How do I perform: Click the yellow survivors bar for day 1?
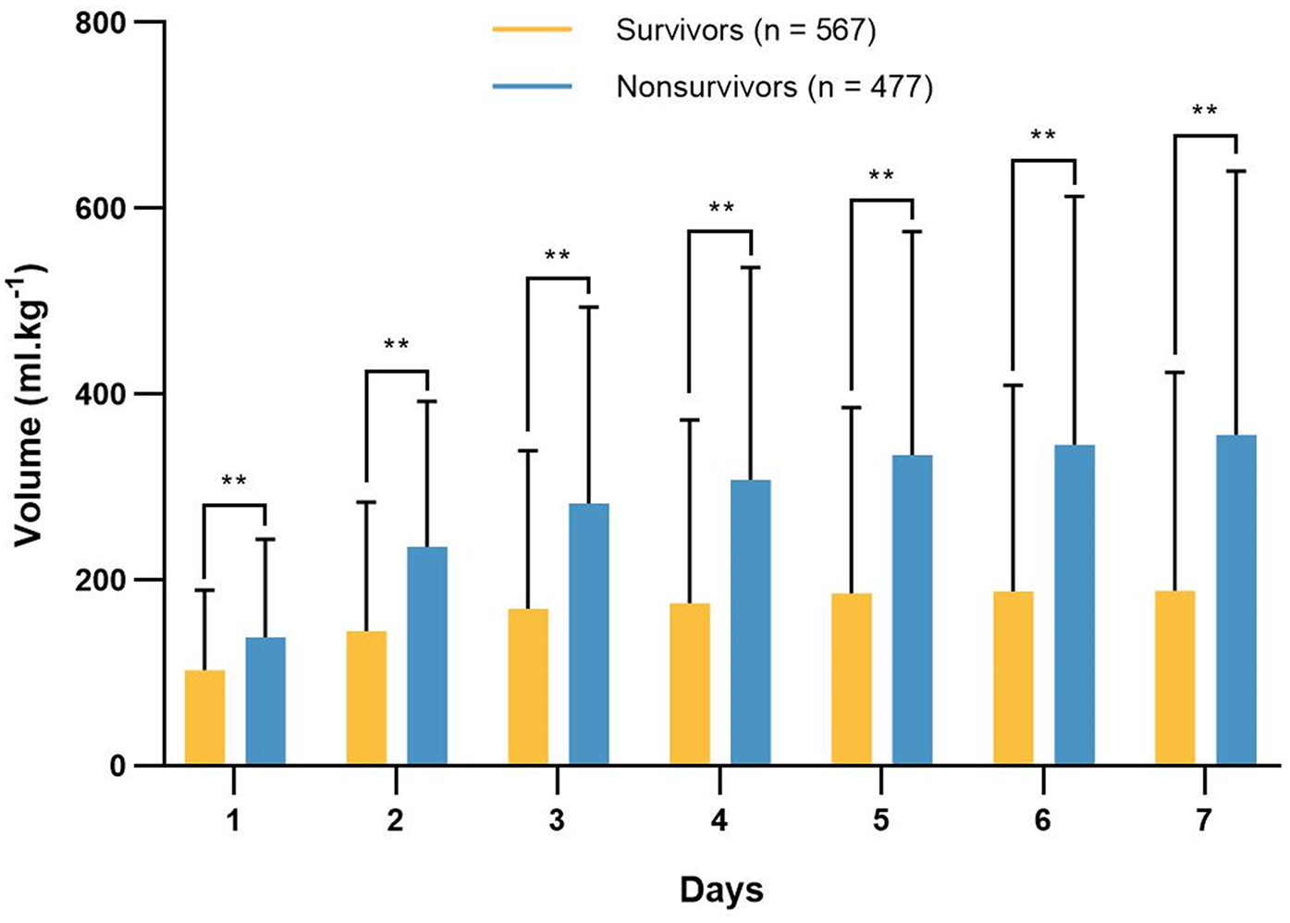[x=204, y=717]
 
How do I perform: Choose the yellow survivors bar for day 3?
[x=528, y=686]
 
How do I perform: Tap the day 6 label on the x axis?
[x=1042, y=820]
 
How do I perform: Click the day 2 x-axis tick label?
[x=395, y=820]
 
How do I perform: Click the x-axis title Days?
[x=721, y=890]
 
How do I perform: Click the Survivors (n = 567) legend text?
[x=745, y=31]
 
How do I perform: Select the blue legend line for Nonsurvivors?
[x=532, y=87]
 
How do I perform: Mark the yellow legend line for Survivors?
[x=532, y=31]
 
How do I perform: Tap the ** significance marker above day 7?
[x=1204, y=112]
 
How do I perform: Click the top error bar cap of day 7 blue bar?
[x=1236, y=171]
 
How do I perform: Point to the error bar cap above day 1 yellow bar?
[x=204, y=590]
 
